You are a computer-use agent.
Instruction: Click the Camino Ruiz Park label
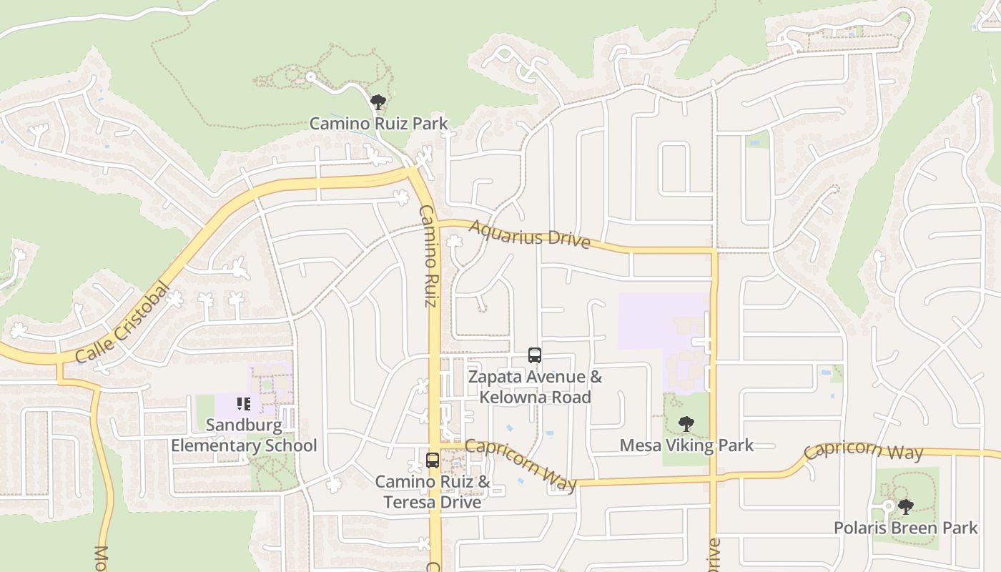(378, 124)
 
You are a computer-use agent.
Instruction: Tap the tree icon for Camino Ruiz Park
(378, 102)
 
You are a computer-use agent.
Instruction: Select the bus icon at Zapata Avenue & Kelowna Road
(534, 355)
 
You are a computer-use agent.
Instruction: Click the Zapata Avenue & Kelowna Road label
(535, 387)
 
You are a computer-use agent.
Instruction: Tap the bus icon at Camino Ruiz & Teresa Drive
(432, 460)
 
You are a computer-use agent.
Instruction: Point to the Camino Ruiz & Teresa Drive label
(432, 492)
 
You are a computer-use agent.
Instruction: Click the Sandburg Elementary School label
(244, 435)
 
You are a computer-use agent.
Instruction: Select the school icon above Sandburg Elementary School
(243, 404)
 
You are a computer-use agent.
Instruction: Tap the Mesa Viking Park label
(686, 445)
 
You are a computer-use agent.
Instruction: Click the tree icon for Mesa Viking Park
(686, 424)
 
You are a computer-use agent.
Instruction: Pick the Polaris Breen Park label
(905, 528)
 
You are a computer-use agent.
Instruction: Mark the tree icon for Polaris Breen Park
(905, 507)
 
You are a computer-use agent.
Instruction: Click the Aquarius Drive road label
(530, 235)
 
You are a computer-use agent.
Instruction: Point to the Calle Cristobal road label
(122, 323)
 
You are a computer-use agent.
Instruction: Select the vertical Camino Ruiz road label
(428, 256)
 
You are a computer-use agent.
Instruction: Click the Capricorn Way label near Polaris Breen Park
(863, 451)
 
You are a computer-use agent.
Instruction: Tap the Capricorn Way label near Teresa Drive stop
(521, 465)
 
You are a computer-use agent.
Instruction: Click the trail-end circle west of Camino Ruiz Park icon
(310, 76)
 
